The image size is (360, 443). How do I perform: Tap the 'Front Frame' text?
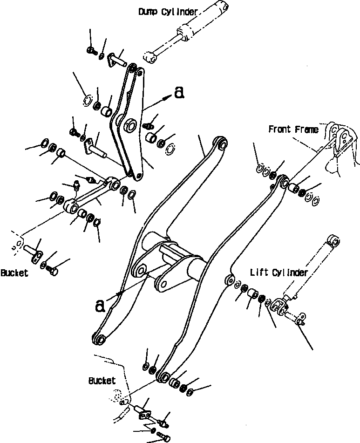tap(293, 129)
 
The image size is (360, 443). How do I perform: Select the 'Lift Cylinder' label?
tap(279, 273)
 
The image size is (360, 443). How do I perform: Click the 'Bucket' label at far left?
tap(14, 273)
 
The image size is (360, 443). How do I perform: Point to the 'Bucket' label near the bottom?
tap(102, 381)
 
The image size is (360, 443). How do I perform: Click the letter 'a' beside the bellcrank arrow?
tap(178, 94)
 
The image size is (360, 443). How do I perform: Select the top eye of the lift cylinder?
tap(333, 240)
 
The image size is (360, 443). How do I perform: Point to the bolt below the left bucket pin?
tap(53, 270)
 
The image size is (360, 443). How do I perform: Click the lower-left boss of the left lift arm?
tap(99, 339)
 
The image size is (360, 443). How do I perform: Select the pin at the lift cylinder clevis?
tap(297, 318)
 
